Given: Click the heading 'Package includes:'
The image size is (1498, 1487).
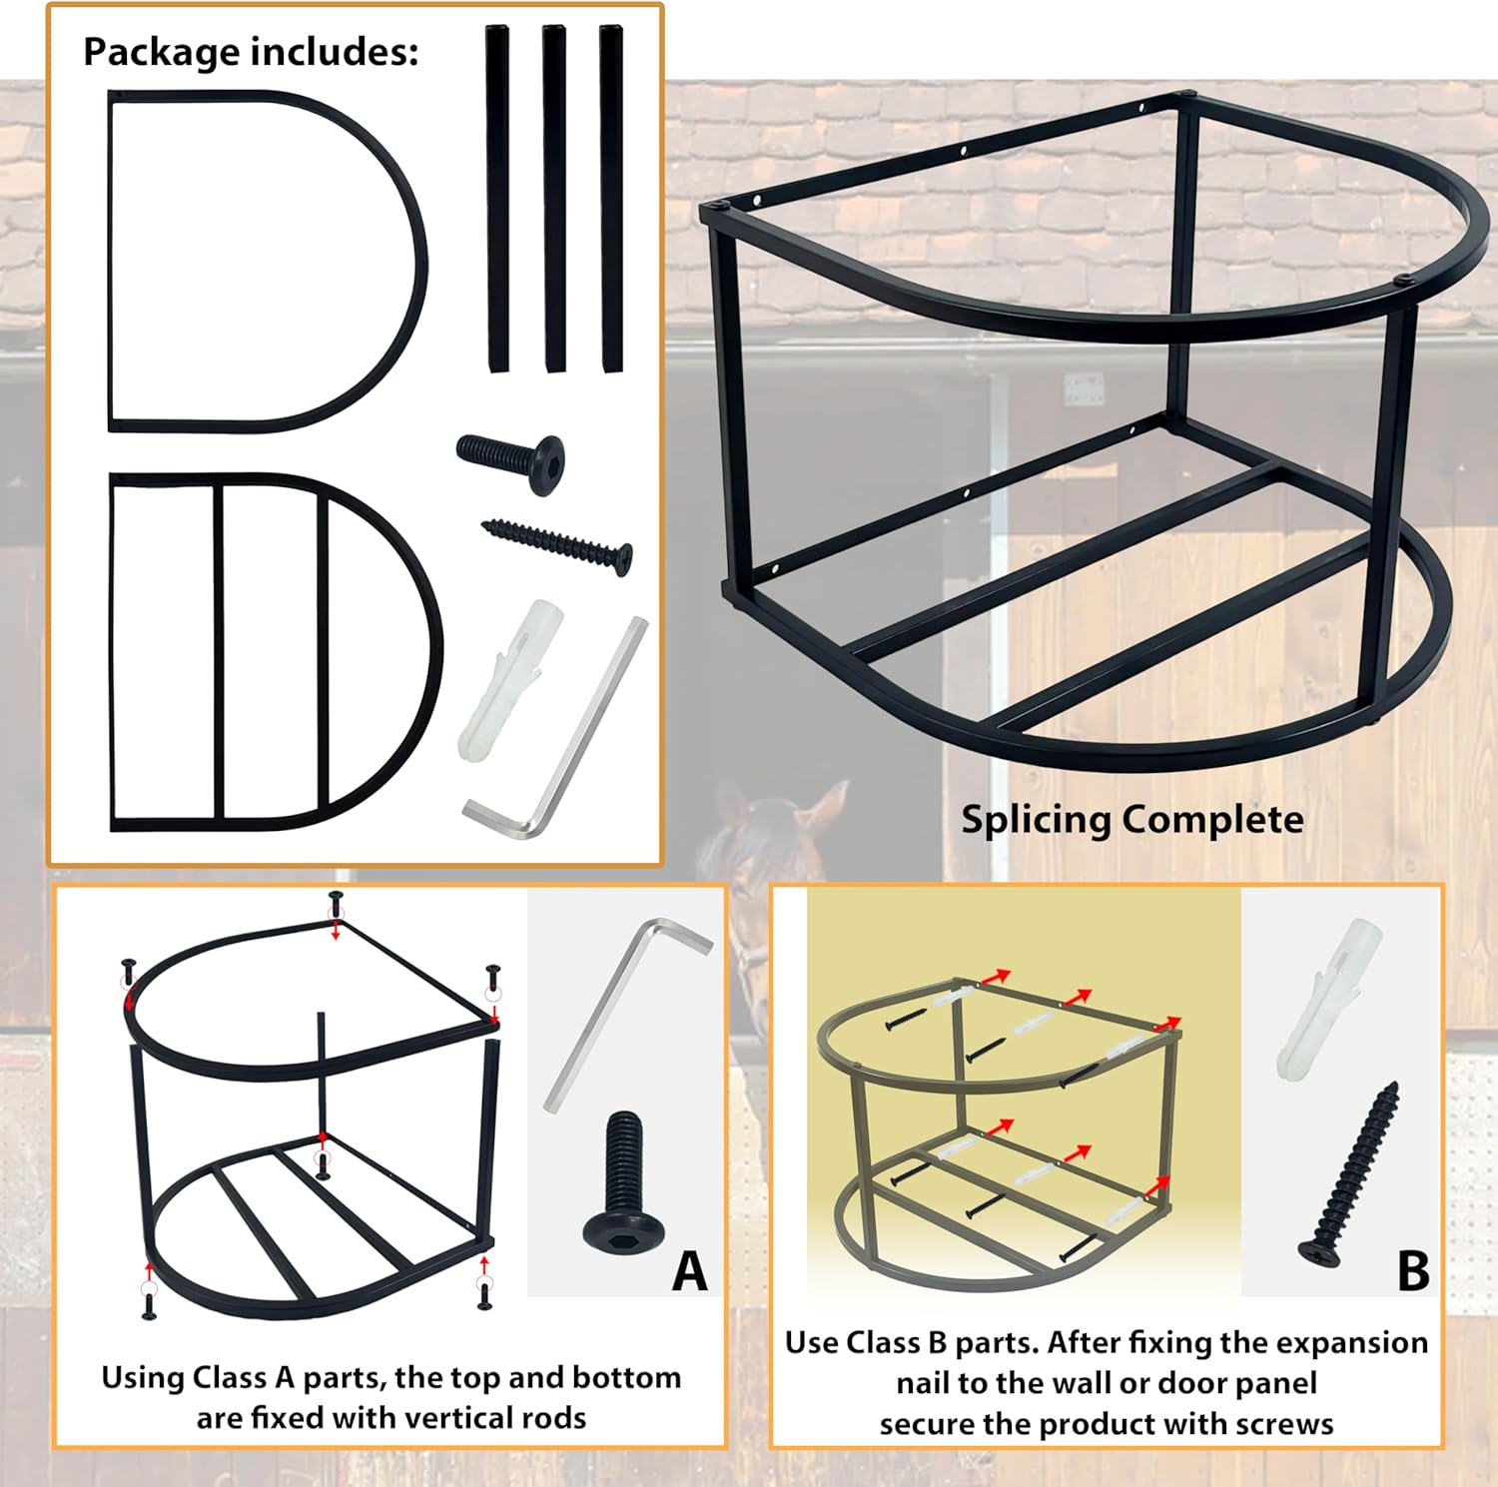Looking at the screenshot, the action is (x=251, y=52).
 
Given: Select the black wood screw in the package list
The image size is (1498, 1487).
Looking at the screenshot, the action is (x=557, y=545).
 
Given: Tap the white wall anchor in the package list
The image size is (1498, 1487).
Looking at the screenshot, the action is (x=509, y=679).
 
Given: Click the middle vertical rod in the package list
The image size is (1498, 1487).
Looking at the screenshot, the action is (x=554, y=199).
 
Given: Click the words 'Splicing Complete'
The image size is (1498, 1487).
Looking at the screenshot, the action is (x=1132, y=819).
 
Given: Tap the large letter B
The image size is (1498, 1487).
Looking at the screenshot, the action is (x=1413, y=1271).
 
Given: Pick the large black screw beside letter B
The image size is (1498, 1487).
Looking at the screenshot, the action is (x=1349, y=1174).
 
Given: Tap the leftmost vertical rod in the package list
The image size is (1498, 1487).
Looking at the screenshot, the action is (x=497, y=199).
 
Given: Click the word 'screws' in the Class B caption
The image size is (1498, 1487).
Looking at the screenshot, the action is (x=1284, y=1425).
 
